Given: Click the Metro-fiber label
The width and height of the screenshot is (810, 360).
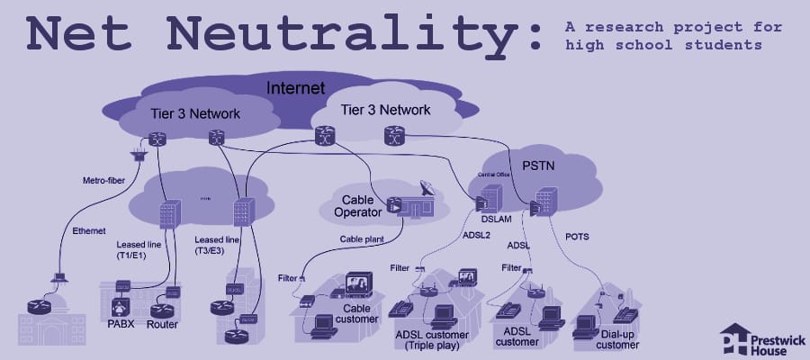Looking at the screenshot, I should coord(101,180).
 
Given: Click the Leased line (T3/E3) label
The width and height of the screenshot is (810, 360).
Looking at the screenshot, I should coord(217,247).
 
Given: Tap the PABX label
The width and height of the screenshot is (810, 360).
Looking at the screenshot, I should coord(121,323).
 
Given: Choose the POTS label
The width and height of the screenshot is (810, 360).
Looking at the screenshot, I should coord(578,236).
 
